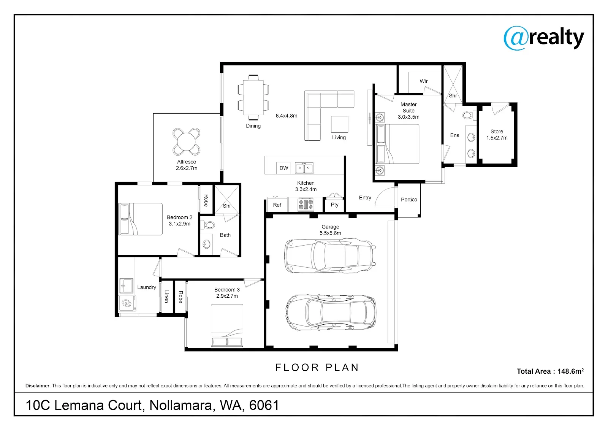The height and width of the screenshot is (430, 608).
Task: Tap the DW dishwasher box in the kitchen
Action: [283, 168]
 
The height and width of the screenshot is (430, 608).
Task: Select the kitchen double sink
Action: [304, 168]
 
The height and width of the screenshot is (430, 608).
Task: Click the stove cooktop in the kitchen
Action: [306, 205]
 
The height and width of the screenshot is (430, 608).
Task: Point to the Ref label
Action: [277, 205]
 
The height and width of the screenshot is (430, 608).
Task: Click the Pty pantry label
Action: [335, 205]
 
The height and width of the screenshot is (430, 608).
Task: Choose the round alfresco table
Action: [187, 141]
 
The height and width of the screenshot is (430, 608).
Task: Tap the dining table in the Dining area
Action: [253, 97]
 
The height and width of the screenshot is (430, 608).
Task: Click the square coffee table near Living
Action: [339, 124]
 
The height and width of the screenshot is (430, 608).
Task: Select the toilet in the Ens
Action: [469, 116]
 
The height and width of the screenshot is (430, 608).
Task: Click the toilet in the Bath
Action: [207, 225]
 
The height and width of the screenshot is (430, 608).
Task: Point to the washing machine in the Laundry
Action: [127, 303]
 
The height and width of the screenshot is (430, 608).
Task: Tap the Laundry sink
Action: [126, 286]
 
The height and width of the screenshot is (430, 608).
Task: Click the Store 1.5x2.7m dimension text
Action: [497, 138]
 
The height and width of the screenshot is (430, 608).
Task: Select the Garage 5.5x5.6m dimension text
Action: [330, 233]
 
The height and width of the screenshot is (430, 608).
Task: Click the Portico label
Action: [409, 199]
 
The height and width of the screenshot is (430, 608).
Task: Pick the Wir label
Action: [423, 81]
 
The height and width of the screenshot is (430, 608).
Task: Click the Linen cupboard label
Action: [166, 296]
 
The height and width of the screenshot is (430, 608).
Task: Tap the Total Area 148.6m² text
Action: [550, 371]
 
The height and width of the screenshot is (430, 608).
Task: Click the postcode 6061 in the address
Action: [264, 405]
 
